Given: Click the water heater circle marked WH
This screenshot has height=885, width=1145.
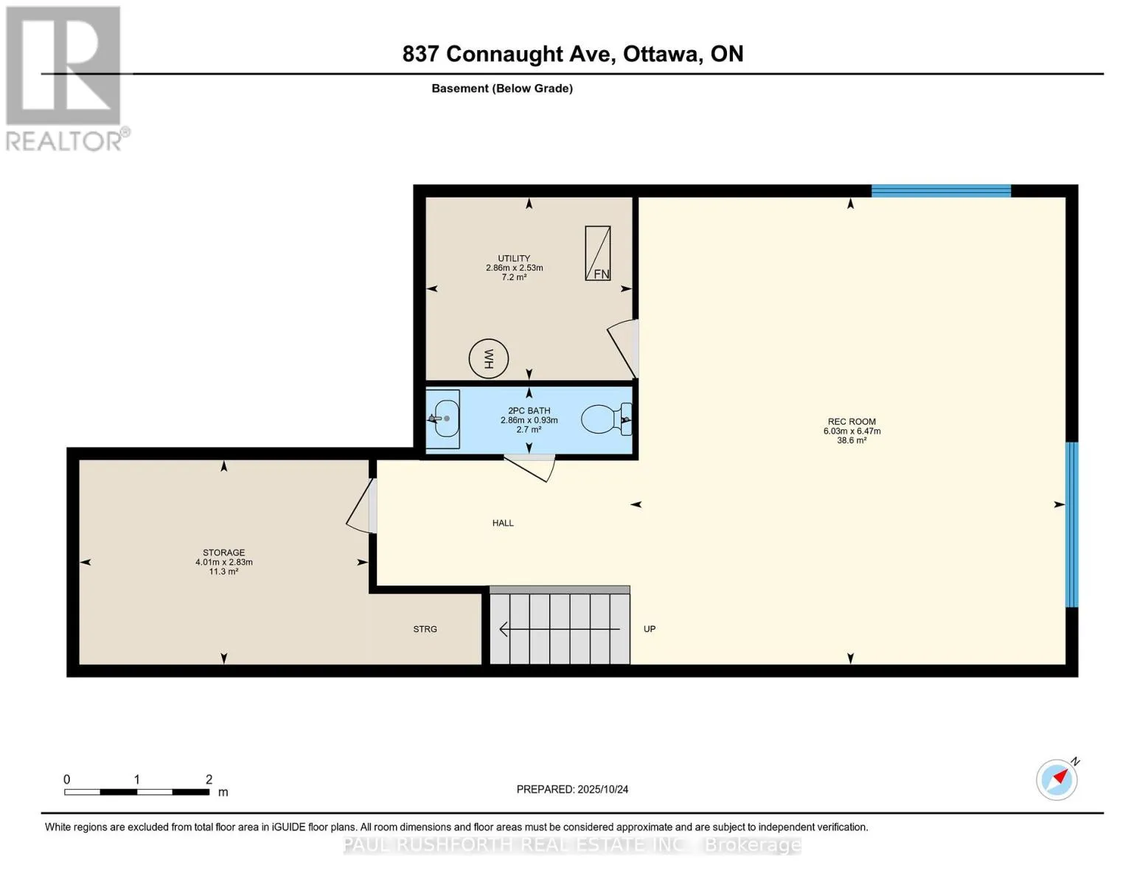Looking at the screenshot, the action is [489, 358].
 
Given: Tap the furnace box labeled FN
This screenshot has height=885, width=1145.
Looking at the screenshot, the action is [597, 253].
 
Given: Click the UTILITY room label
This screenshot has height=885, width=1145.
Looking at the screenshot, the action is [514, 258].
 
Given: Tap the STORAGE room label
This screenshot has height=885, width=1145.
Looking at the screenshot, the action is [224, 552].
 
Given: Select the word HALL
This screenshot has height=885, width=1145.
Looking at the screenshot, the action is [503, 523].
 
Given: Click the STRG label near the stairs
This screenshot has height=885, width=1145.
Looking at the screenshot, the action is [425, 629].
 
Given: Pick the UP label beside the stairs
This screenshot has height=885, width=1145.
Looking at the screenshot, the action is [649, 629].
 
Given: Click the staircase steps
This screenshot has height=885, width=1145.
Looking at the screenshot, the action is [560, 625].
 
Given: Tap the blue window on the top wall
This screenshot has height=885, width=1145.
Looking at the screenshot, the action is [941, 191].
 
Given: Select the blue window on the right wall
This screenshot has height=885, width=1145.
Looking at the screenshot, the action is [1072, 524].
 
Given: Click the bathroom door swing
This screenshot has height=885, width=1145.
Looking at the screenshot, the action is [529, 468].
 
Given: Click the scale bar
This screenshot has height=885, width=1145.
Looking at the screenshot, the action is [137, 792].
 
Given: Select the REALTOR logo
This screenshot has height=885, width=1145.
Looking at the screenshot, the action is [66, 79].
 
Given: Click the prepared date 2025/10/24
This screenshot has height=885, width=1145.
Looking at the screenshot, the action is [603, 789].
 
